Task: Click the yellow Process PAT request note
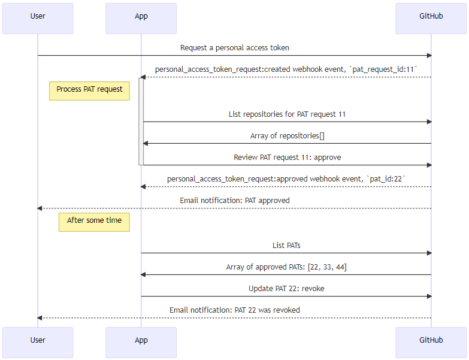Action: (89, 90)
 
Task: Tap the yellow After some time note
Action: (94, 221)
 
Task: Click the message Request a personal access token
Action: (235, 47)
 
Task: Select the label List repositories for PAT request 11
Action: (287, 114)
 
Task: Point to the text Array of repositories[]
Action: (287, 136)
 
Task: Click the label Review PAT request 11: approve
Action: (287, 158)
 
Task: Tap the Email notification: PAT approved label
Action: (235, 201)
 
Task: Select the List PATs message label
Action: (287, 245)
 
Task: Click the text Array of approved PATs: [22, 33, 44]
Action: (287, 267)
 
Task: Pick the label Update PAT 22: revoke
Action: (287, 289)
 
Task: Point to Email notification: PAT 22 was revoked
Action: (235, 310)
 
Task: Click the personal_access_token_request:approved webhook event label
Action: (287, 179)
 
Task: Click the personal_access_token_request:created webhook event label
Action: (287, 69)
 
